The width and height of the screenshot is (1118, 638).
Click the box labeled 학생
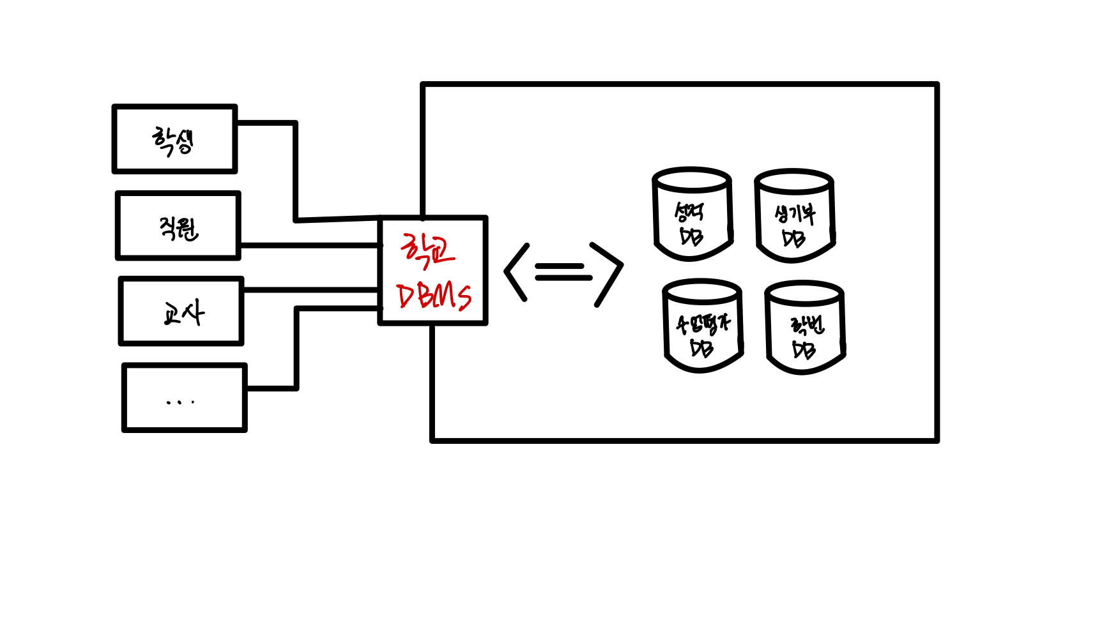(174, 139)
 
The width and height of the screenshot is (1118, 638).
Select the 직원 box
(178, 226)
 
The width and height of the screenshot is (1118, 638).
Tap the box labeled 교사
(181, 312)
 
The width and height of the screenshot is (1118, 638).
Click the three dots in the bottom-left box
(180, 402)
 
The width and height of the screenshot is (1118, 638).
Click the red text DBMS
(434, 296)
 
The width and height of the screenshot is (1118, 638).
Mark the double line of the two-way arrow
(563, 272)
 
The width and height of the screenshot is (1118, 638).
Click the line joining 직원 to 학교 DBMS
(310, 245)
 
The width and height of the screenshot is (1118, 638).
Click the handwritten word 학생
(172, 141)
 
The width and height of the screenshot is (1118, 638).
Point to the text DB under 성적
(691, 236)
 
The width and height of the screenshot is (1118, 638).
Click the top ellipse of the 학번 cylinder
(804, 294)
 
